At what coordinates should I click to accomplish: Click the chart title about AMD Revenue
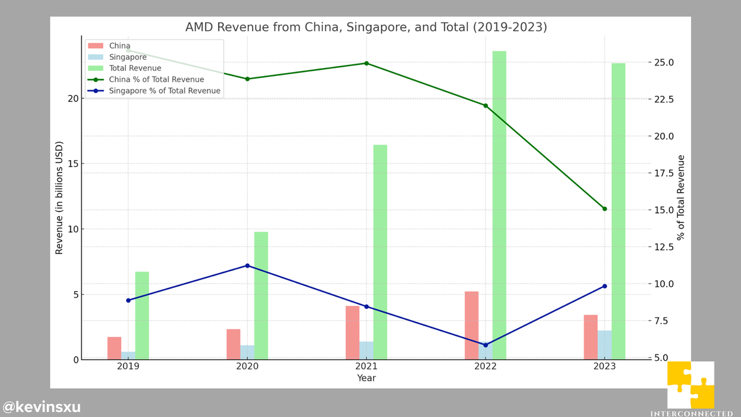[366, 27]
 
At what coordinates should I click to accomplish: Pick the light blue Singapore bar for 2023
[605, 345]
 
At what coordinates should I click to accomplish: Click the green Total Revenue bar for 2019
[142, 315]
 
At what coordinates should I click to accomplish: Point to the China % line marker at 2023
[605, 209]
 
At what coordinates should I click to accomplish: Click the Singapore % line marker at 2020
[247, 266]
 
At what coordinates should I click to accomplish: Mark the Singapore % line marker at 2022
[485, 345]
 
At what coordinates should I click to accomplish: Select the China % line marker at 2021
[366, 63]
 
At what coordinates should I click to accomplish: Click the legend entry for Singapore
[127, 57]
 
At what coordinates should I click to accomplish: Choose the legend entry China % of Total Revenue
[156, 80]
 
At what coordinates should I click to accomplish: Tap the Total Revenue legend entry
[135, 69]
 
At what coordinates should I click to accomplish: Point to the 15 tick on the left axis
[72, 164]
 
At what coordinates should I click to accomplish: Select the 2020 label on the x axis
[247, 366]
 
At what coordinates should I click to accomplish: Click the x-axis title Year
[366, 378]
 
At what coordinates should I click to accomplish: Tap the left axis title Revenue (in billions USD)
[59, 198]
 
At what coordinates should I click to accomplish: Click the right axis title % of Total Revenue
[681, 198]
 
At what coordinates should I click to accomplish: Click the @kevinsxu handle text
[41, 407]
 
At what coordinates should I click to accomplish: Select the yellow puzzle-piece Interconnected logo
[690, 385]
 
